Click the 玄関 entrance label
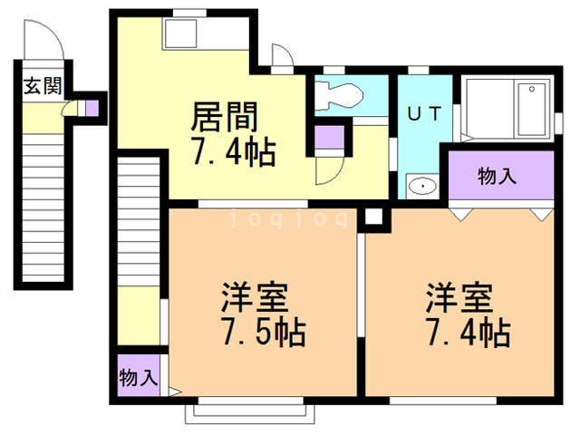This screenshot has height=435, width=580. pos(42,87)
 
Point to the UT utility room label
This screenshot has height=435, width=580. pos(423,115)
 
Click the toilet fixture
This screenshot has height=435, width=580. pos(338,93)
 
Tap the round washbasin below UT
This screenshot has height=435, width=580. pos(421,187)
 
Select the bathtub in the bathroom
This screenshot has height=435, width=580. pos(530,108)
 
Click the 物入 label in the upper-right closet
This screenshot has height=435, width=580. pos(498,176)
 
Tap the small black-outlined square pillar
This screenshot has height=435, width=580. pos(372,217)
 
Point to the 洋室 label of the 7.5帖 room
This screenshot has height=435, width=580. pos(256,297)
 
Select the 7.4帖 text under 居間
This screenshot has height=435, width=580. pos(233,150)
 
